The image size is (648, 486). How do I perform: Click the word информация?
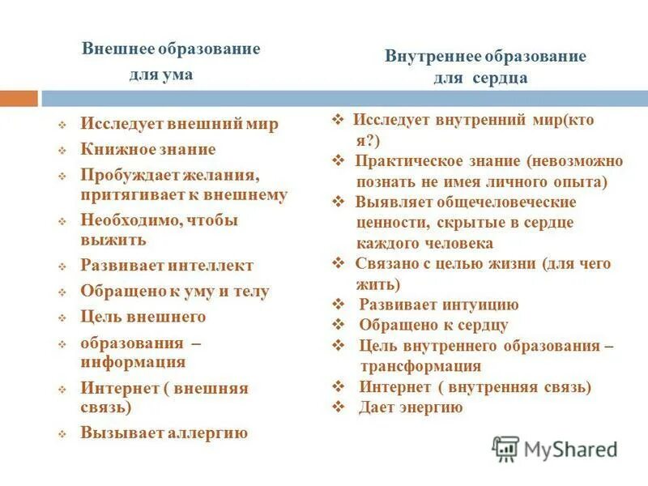[x=133, y=361]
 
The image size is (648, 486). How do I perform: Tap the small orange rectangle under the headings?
[x=19, y=98]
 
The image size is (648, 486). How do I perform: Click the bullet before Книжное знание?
[x=61, y=151]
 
